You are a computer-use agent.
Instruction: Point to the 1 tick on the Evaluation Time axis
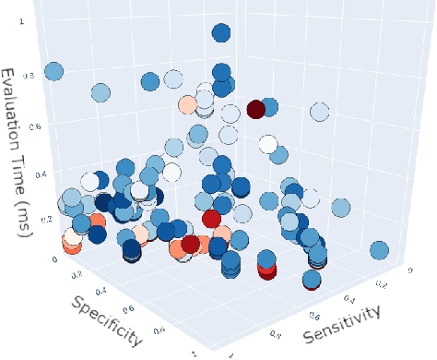(x=35, y=18)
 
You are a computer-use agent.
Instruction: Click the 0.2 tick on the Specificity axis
(x=78, y=274)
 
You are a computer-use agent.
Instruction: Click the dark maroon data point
(x=255, y=109)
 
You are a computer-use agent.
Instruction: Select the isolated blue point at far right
(x=379, y=250)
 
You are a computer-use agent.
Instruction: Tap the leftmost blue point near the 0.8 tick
(x=53, y=71)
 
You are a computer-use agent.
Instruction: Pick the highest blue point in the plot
(x=221, y=34)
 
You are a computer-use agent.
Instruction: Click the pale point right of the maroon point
(x=319, y=114)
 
